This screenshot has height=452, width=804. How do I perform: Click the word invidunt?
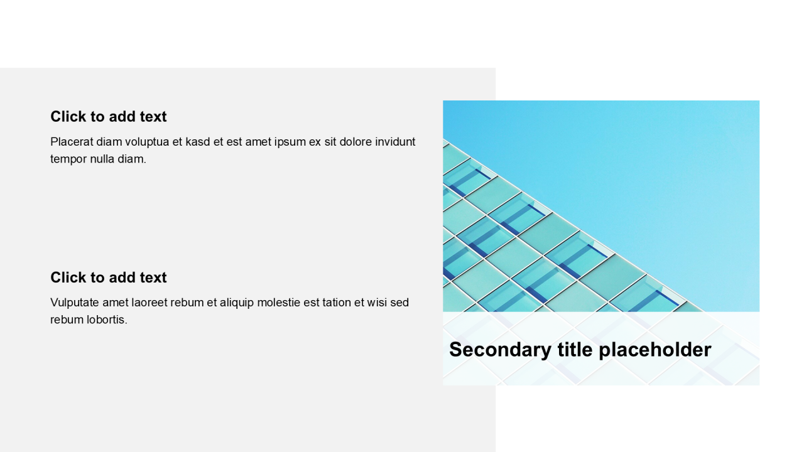[395, 142]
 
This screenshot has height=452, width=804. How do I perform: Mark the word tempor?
[68, 159]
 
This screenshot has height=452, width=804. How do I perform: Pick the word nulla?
[102, 159]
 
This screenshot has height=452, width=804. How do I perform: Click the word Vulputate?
[75, 303]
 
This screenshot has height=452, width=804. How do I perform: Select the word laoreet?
[149, 303]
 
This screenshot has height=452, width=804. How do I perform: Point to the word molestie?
[279, 303]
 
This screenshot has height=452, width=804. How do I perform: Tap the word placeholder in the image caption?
[655, 350]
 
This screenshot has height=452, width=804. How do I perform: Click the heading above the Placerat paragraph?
[109, 117]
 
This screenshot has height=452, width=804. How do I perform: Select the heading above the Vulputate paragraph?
[109, 277]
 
